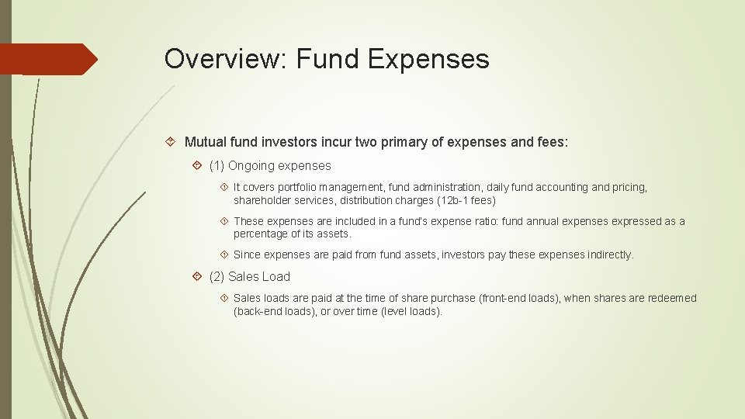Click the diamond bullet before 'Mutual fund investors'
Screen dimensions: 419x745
[173, 143]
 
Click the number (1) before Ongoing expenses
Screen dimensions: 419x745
[217, 165]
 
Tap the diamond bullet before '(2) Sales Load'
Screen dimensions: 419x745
[198, 276]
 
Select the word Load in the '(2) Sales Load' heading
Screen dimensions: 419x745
[276, 276]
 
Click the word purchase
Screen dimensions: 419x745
[452, 298]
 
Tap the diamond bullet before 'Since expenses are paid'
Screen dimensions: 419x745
[223, 255]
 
